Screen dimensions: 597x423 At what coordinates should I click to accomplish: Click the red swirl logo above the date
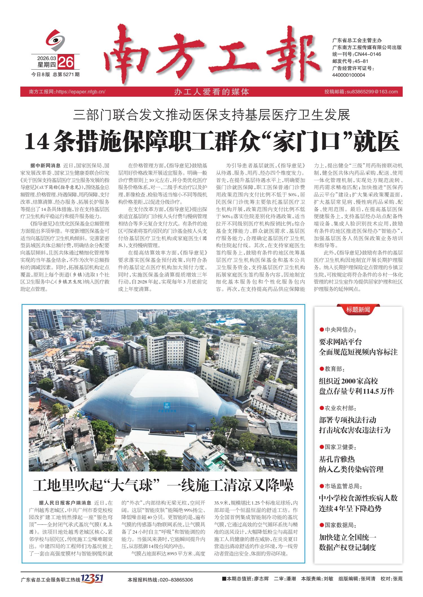56,40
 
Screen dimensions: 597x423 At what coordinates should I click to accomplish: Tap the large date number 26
66,62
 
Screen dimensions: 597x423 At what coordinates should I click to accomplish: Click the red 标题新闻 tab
358,310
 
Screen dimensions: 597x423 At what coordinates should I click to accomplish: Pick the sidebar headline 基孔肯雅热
337,459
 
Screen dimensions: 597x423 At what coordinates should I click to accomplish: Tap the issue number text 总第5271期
67,74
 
